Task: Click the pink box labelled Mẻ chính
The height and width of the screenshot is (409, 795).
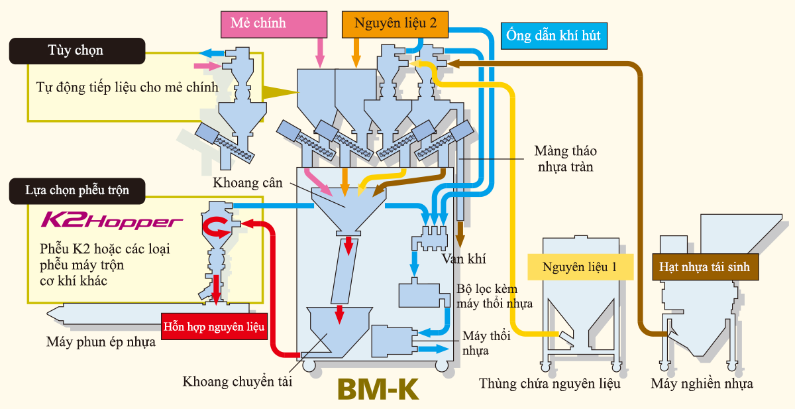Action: [x=273, y=23]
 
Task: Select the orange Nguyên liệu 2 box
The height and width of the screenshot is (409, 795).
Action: [x=395, y=23]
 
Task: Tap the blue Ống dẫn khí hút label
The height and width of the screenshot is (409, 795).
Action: [x=553, y=34]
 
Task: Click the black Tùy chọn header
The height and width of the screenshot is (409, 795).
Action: [x=76, y=50]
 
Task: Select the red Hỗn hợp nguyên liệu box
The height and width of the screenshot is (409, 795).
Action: [x=215, y=326]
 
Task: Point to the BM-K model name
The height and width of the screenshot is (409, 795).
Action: [x=378, y=388]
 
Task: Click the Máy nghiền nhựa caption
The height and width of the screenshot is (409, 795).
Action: [x=702, y=383]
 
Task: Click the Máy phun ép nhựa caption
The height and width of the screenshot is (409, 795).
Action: [x=101, y=342]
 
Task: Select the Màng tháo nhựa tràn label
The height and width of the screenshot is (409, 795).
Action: [x=562, y=159]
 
